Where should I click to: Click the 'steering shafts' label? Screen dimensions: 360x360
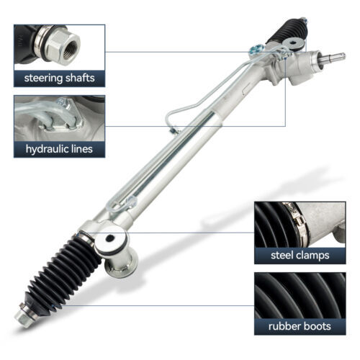click(59, 77)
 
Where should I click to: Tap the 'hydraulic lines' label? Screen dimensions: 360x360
click(59, 149)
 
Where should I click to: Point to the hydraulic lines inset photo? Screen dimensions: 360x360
click(59, 118)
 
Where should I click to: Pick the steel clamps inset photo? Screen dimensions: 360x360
click(300, 222)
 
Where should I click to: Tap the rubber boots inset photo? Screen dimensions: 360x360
click(300, 294)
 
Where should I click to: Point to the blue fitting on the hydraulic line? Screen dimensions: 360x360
click(253, 50)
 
